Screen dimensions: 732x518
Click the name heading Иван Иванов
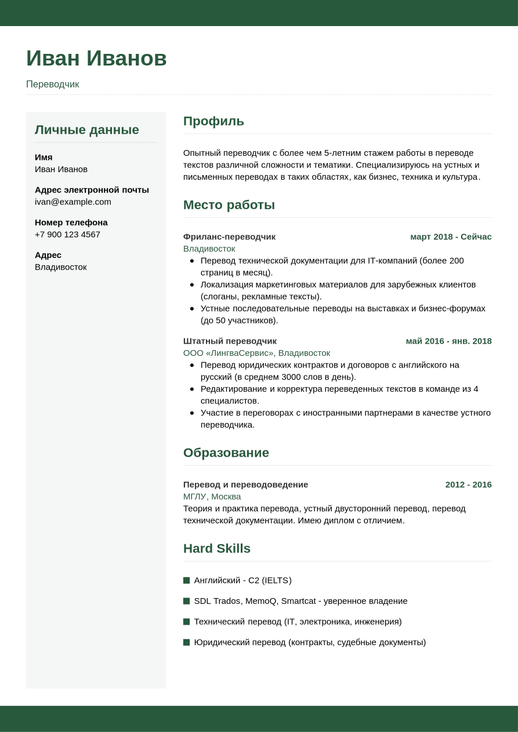[96, 59]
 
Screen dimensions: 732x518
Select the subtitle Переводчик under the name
[52, 84]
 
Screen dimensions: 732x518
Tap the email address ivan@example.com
[73, 202]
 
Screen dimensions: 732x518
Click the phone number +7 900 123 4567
[67, 234]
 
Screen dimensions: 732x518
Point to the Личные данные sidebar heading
[87, 130]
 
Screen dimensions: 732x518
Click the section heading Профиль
[213, 121]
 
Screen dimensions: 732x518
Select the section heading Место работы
[229, 205]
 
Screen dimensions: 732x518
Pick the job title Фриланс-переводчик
[229, 236]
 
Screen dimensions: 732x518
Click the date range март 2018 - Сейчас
[451, 236]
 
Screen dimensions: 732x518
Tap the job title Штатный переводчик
[230, 341]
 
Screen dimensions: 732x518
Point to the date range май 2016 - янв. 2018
[448, 341]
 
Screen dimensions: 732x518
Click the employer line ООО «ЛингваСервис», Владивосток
[256, 353]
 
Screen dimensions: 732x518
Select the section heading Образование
[226, 453]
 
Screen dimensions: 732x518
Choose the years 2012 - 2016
[468, 485]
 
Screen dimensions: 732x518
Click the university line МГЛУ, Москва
[212, 497]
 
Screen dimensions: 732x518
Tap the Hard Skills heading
[216, 548]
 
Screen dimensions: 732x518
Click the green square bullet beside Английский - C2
[186, 580]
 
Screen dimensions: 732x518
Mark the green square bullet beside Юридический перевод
[186, 642]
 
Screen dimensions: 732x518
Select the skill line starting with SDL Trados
[300, 601]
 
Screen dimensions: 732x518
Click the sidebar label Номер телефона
[71, 222]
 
